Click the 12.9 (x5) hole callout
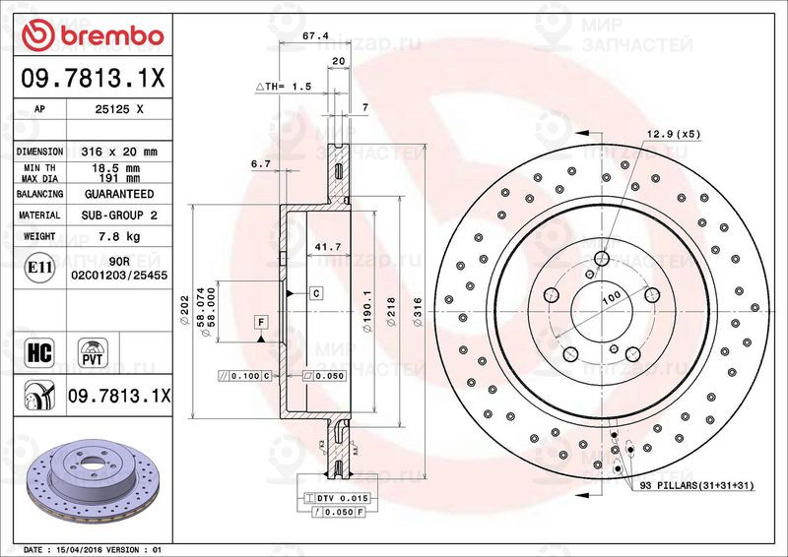(673, 134)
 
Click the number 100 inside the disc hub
(611, 296)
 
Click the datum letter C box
(317, 293)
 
